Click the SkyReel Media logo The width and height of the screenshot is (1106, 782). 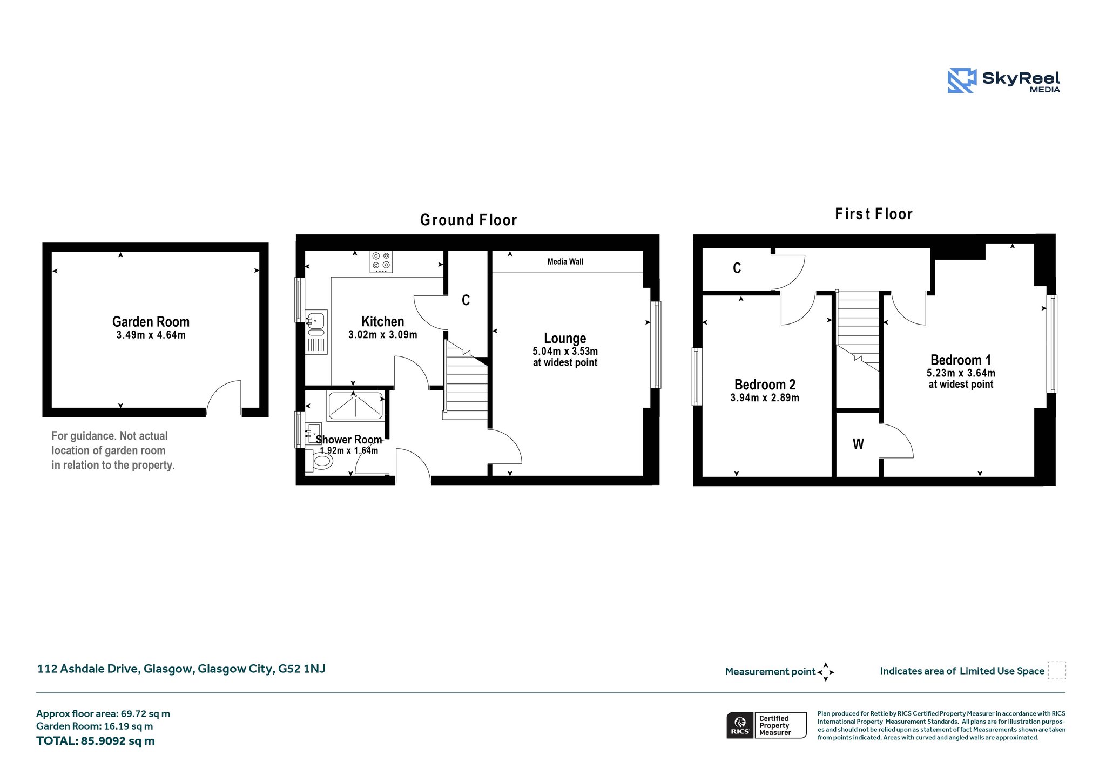click(1004, 80)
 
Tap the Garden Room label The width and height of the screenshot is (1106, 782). click(151, 322)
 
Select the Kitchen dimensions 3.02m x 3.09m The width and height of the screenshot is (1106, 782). click(383, 335)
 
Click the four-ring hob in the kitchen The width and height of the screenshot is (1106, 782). click(381, 262)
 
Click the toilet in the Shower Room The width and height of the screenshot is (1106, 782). click(322, 461)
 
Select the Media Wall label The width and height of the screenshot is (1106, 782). click(565, 262)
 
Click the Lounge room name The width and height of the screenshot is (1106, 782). click(565, 339)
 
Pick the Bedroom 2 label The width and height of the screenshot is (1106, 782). click(765, 385)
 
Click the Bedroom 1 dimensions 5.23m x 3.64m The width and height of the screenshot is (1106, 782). click(961, 373)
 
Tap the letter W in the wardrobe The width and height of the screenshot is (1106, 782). click(858, 444)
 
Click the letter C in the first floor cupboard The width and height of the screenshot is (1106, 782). click(737, 268)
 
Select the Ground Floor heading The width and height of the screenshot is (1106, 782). click(469, 220)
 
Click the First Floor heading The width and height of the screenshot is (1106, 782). click(874, 214)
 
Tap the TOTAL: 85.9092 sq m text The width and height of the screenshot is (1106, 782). click(96, 741)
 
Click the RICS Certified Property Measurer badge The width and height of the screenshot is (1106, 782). click(766, 725)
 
